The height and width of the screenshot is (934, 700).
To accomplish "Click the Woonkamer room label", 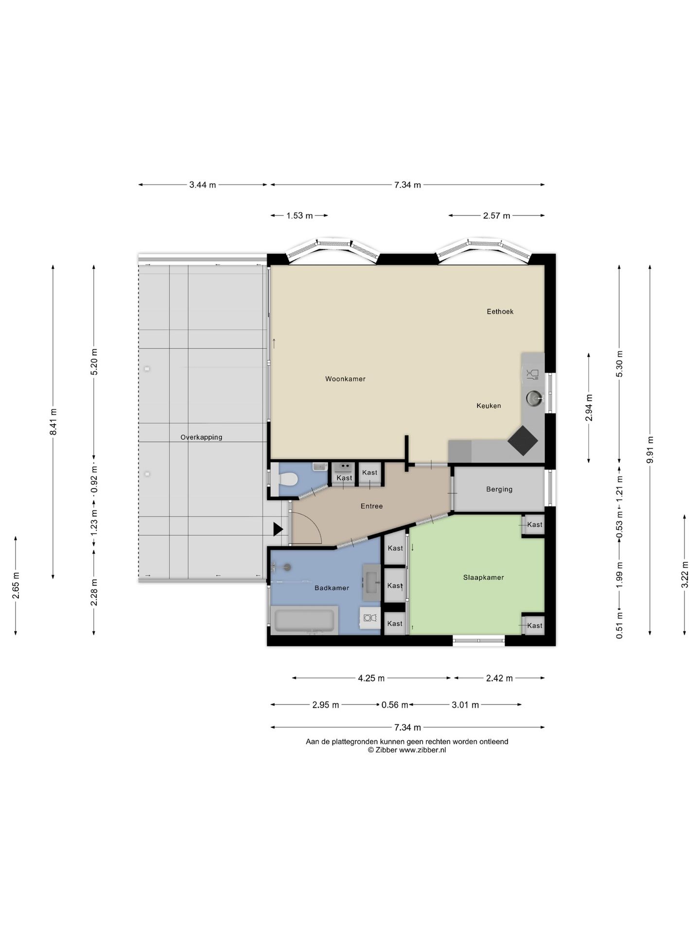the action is tap(345, 379).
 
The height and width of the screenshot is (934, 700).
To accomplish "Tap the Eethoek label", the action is tap(500, 311).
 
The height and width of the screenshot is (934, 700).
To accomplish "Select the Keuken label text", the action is tap(489, 406).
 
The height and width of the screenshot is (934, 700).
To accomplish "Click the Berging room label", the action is tap(499, 489).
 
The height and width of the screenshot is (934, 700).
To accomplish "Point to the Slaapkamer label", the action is tap(483, 577).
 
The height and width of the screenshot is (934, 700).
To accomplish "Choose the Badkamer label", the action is tap(332, 588).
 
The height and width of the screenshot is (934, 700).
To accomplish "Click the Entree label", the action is tap(371, 506).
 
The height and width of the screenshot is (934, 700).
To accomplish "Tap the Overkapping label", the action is tap(201, 437).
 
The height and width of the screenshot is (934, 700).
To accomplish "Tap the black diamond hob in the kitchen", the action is tap(523, 440).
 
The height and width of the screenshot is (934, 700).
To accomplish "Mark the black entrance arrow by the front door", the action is tap(278, 529).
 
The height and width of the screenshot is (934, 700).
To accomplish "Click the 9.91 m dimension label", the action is tap(650, 450).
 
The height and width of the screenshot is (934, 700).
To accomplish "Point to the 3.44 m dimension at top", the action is tap(203, 185).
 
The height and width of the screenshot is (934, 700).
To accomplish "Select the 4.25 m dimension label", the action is tap(371, 678).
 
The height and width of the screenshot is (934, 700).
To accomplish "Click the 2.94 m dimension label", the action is tap(589, 408).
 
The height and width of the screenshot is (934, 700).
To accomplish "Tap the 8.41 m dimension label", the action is tap(53, 422).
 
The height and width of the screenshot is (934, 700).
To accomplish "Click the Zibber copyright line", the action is tap(407, 750).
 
